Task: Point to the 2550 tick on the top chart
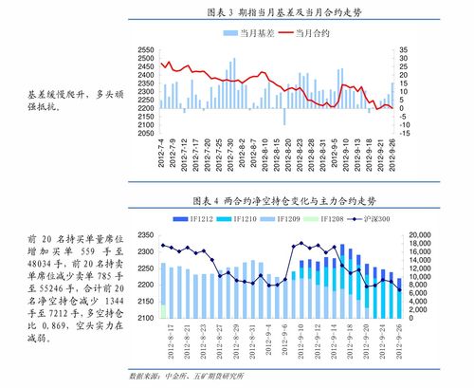(146, 48)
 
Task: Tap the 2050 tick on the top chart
(146, 133)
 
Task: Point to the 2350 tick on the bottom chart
(146, 234)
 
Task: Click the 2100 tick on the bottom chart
(146, 318)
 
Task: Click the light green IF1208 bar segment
(163, 311)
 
